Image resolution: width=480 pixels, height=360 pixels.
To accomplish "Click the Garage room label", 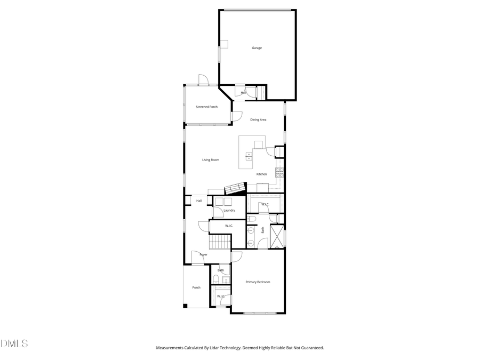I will tap(257, 48).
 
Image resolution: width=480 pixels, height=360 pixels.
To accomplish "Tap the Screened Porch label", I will tap(206, 107).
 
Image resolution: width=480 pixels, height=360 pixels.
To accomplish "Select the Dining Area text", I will tap(258, 119).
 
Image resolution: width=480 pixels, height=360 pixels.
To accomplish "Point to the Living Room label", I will tap(210, 160).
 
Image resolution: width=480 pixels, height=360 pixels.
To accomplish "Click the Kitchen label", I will tap(261, 174).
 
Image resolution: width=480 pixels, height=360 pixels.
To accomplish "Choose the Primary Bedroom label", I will tap(258, 282).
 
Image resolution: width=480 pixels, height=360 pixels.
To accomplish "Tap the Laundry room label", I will tap(229, 210).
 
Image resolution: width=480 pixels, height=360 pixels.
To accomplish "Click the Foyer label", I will tap(203, 254).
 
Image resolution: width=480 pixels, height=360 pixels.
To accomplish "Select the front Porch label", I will tap(196, 287).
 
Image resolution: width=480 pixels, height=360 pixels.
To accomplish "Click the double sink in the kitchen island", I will tap(249, 156).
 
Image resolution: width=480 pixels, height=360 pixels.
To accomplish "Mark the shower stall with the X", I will tap(277, 237).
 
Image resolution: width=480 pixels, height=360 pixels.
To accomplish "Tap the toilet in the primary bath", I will tap(252, 219).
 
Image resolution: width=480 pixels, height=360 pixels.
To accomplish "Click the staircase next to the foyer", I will tap(219, 243).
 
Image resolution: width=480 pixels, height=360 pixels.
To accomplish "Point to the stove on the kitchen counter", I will tap(279, 172).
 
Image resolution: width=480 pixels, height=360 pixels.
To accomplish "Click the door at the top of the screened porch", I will tap(203, 80).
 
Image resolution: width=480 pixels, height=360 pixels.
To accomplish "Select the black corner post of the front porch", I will tap(185, 306).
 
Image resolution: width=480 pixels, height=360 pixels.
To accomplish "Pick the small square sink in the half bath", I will tap(226, 280).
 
